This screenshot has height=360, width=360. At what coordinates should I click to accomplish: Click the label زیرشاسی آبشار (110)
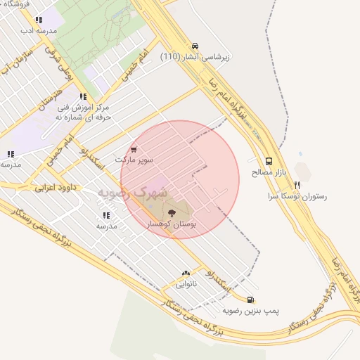[196, 56]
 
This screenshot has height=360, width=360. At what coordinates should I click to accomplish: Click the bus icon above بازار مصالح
[269, 161]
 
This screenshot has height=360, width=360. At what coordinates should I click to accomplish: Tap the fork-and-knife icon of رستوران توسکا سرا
[297, 186]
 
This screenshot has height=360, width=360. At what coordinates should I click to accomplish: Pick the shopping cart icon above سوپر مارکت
[134, 150]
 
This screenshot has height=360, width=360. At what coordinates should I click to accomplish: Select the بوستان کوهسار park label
[171, 223]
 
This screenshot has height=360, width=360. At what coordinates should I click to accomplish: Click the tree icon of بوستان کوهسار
[171, 211]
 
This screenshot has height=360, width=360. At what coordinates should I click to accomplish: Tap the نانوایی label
[186, 285]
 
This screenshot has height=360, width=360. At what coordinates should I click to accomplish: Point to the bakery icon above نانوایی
[186, 274]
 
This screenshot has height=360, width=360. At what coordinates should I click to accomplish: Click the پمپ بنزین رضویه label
[251, 310]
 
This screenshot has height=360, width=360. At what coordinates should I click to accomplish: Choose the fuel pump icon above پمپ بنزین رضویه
[251, 300]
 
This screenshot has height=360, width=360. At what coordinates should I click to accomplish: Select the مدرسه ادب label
[37, 32]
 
